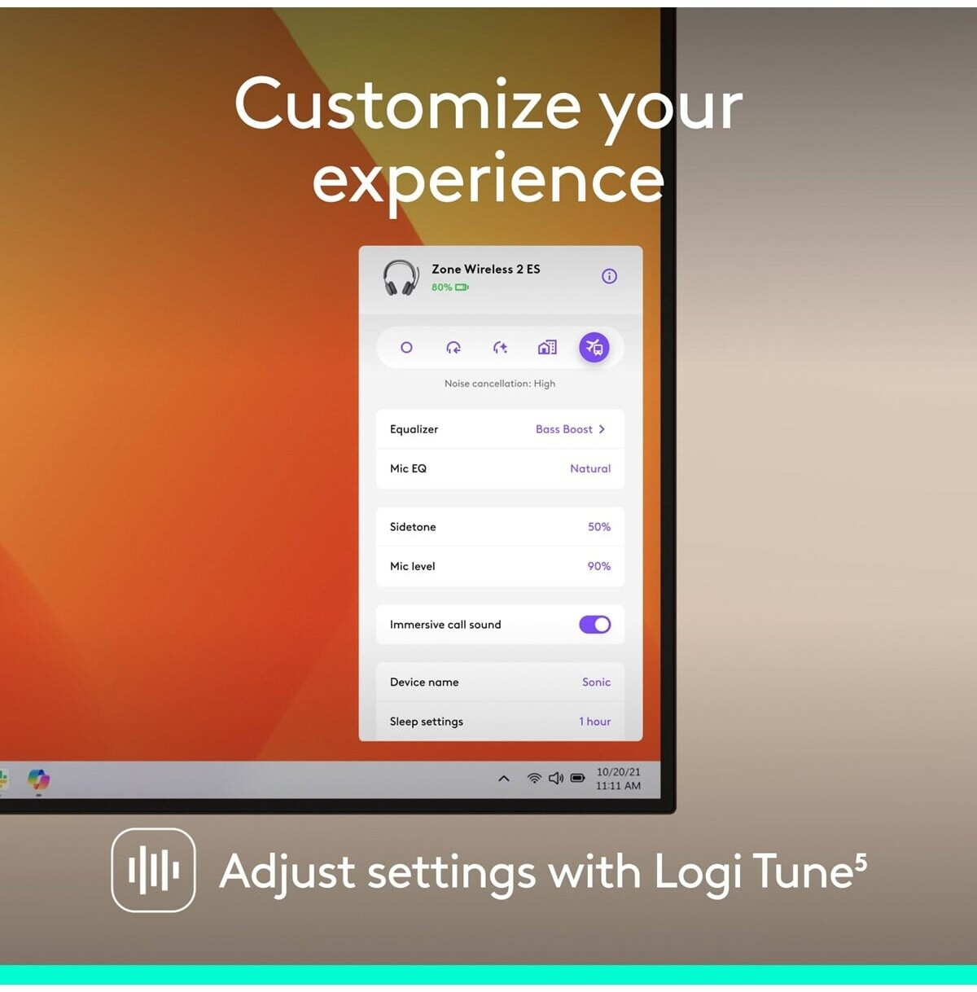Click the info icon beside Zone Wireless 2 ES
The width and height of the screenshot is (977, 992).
pyautogui.click(x=609, y=276)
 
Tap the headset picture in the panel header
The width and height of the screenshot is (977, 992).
pyautogui.click(x=401, y=278)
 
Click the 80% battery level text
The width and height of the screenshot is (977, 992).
pyautogui.click(x=441, y=288)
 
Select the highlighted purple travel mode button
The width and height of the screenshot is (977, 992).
pyautogui.click(x=594, y=348)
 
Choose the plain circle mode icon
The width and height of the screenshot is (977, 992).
pyautogui.click(x=406, y=348)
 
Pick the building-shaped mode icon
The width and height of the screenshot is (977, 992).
pyautogui.click(x=546, y=348)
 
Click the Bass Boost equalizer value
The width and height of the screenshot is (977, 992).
pyautogui.click(x=563, y=429)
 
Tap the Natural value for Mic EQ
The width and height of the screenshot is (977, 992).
pyautogui.click(x=590, y=468)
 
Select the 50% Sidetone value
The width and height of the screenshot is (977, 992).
pyautogui.click(x=599, y=527)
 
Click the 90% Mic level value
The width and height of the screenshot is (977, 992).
pyautogui.click(x=599, y=566)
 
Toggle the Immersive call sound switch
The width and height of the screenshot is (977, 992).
pyautogui.click(x=594, y=625)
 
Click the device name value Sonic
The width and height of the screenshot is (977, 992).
pyautogui.click(x=596, y=682)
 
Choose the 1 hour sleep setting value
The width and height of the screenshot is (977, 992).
pyautogui.click(x=594, y=722)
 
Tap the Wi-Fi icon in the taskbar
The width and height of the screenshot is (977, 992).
pyautogui.click(x=534, y=778)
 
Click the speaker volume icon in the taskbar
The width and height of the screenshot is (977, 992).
pyautogui.click(x=556, y=778)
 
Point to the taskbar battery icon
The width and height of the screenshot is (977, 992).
pyautogui.click(x=577, y=777)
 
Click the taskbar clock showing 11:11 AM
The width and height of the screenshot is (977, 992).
pyautogui.click(x=618, y=786)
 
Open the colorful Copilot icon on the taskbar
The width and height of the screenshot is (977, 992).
pyautogui.click(x=38, y=779)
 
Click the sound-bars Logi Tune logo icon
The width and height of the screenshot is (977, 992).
pyautogui.click(x=153, y=871)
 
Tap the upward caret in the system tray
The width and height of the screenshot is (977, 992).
pyautogui.click(x=504, y=779)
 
